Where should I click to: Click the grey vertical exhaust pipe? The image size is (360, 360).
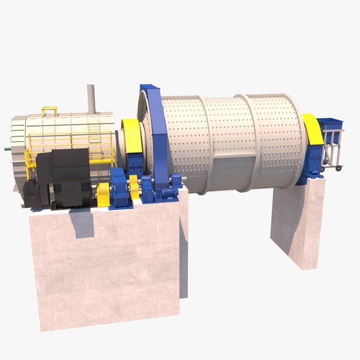[x=91, y=98]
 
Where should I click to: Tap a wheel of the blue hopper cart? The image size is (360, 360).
[x=339, y=169]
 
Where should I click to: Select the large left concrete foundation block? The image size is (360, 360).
[x=105, y=264]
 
